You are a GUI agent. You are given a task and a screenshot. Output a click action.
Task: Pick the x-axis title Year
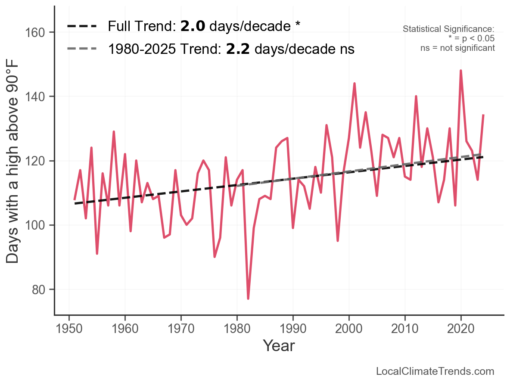[x=279, y=346]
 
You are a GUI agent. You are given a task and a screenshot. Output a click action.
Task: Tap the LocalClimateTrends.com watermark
[x=435, y=371]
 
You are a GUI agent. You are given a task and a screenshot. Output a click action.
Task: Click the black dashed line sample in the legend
[x=82, y=26]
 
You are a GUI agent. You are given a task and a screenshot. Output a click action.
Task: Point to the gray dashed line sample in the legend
[x=82, y=49]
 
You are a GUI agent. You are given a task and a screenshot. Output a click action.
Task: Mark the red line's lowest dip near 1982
[x=248, y=298]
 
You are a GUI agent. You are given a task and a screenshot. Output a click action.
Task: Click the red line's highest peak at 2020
[x=461, y=71]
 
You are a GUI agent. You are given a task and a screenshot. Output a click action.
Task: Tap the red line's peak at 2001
[x=355, y=84]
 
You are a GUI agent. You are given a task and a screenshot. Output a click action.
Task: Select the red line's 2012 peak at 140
[x=416, y=97]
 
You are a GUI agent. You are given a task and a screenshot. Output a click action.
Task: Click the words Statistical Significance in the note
[x=448, y=29]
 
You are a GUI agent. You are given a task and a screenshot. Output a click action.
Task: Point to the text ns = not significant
[x=457, y=48]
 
